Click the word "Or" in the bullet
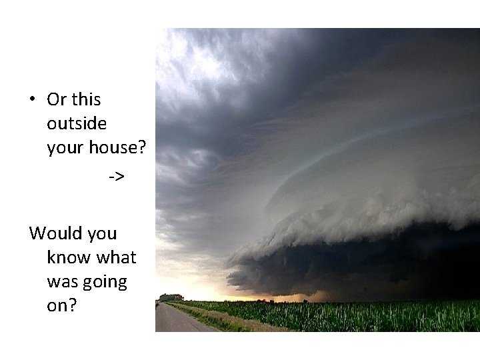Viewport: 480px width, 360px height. click(56, 100)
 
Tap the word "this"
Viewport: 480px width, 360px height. click(85, 100)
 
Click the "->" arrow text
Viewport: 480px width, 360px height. click(116, 177)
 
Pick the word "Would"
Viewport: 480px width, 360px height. click(52, 233)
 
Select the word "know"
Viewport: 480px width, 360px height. click(68, 258)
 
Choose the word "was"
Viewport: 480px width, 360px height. click(60, 282)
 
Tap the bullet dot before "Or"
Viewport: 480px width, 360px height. click(32, 101)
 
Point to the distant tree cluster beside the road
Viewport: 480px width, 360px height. click(171, 297)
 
